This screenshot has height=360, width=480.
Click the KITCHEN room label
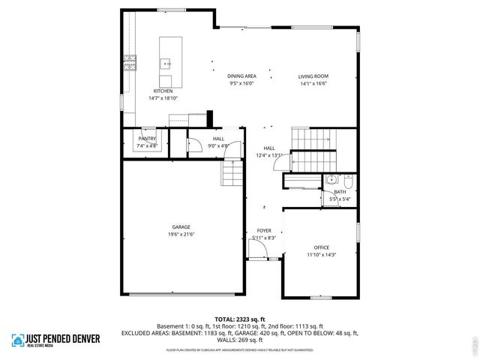[163, 91]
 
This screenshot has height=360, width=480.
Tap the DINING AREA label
[241, 76]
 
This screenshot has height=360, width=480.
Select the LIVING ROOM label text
[313, 76]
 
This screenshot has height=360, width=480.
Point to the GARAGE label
[181, 226]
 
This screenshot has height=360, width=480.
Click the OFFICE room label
[321, 247]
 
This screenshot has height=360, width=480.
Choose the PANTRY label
[146, 139]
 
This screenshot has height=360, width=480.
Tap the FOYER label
[264, 230]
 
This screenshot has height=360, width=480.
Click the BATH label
[340, 192]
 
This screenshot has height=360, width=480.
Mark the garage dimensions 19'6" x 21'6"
[181, 234]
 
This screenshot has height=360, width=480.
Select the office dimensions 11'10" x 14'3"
[321, 255]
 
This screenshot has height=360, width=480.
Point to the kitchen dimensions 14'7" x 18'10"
[163, 98]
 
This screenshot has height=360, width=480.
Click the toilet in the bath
[349, 180]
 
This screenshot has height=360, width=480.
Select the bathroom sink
[331, 180]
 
